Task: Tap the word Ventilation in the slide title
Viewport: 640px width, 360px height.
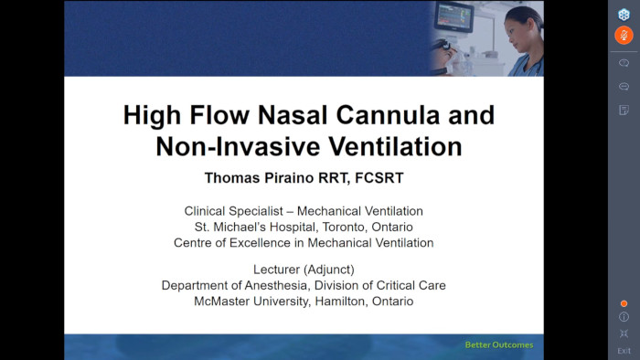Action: pos(397,145)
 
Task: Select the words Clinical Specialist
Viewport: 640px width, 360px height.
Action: pos(235,210)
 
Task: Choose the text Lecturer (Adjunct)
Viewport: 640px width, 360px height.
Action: pos(303,269)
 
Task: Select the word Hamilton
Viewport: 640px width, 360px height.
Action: pos(338,301)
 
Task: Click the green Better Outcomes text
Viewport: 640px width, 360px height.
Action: pos(498,345)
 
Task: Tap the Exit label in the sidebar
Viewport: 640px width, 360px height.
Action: pos(624,351)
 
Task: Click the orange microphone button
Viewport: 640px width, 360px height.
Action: pos(624,36)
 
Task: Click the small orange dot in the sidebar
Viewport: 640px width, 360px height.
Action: pos(624,303)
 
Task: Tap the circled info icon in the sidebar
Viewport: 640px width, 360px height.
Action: pos(624,317)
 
